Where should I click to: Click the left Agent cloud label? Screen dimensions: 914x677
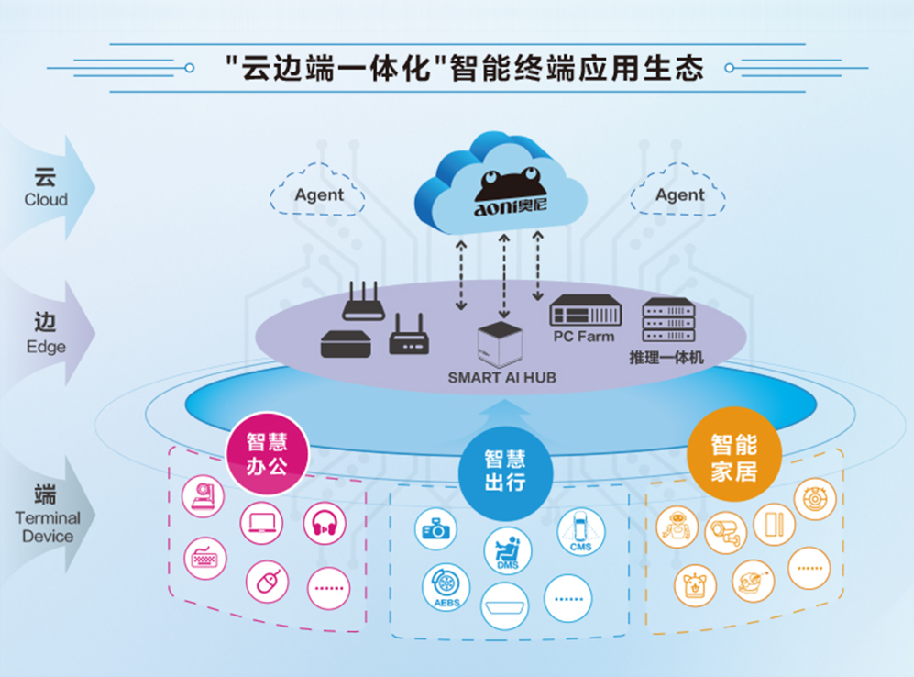[319, 194]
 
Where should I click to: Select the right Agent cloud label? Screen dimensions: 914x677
[679, 194]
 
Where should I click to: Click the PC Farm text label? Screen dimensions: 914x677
[584, 337]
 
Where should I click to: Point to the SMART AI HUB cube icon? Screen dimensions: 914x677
[500, 344]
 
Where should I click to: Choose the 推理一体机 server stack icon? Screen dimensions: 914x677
[668, 320]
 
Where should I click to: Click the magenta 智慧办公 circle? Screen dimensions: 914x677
[267, 454]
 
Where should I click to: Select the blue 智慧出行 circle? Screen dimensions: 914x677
[505, 472]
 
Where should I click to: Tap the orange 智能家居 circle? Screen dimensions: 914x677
[734, 454]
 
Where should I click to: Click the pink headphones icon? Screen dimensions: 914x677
[325, 523]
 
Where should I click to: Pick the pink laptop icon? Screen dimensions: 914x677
[261, 523]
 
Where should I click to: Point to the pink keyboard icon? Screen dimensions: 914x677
[204, 558]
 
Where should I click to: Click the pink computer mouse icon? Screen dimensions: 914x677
[267, 582]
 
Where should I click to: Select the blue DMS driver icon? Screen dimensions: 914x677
[508, 551]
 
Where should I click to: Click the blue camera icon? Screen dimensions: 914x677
[435, 529]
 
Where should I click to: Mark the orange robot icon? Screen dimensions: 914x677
[677, 527]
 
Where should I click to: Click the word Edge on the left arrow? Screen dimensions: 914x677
[46, 347]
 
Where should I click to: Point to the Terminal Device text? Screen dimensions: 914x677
[48, 527]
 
